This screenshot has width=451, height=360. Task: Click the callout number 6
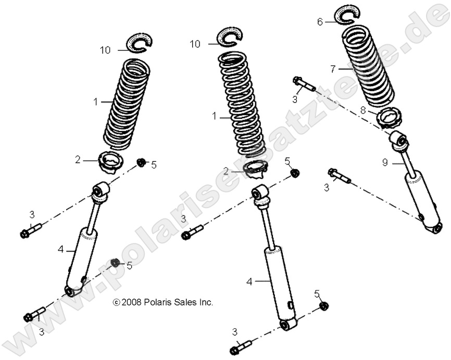click(x=320, y=21)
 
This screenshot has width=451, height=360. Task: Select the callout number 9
click(x=385, y=162)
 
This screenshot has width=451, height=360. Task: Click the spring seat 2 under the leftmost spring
click(x=112, y=162)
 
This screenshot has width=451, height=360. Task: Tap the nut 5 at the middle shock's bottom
click(x=322, y=306)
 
